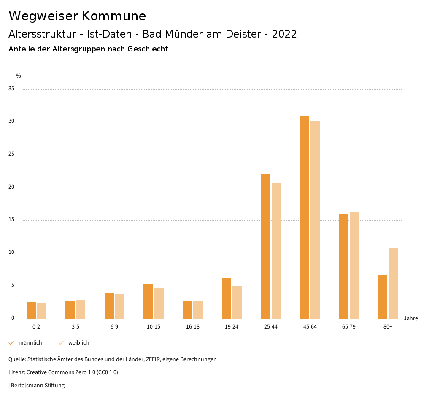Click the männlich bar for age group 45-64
[304, 217]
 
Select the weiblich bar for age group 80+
[393, 283]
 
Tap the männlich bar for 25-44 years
[265, 246]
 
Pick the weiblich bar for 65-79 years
[354, 265]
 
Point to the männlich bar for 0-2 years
[31, 311]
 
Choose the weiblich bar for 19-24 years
[237, 302]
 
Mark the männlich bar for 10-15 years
[148, 302]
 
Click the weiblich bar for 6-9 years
[120, 307]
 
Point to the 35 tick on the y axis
[11, 89]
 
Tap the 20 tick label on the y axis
[11, 187]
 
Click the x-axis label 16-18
[193, 327]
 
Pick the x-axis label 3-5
[76, 327]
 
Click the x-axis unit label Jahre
[411, 318]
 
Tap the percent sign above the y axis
[19, 76]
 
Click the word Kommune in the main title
[114, 16]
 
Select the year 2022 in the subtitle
[284, 34]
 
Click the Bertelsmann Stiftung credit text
[38, 386]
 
